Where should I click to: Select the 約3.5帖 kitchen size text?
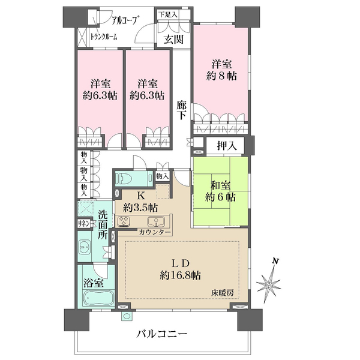142,208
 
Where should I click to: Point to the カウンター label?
155,232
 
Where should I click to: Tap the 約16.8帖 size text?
181,275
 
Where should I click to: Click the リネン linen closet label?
84,223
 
